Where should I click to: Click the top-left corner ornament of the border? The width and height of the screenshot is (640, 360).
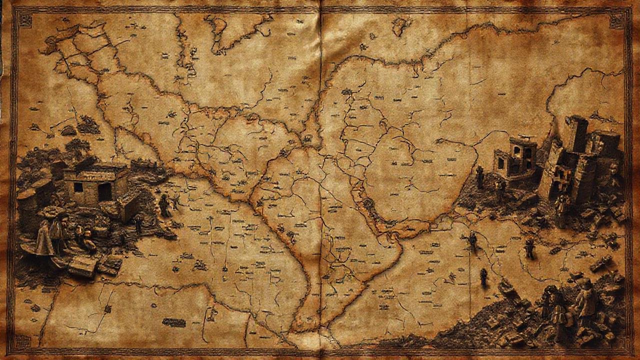pyautogui.click(x=25, y=20)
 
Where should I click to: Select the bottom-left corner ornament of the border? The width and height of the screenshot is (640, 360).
pyautogui.click(x=22, y=342)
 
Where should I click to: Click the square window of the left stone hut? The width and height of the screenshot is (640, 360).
pyautogui.click(x=78, y=187)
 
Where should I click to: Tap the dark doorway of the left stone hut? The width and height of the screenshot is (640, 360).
pyautogui.click(x=104, y=191)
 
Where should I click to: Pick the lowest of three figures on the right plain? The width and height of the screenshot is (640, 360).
pyautogui.click(x=483, y=276)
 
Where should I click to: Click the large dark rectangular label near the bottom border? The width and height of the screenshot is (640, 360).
pyautogui.click(x=173, y=322)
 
